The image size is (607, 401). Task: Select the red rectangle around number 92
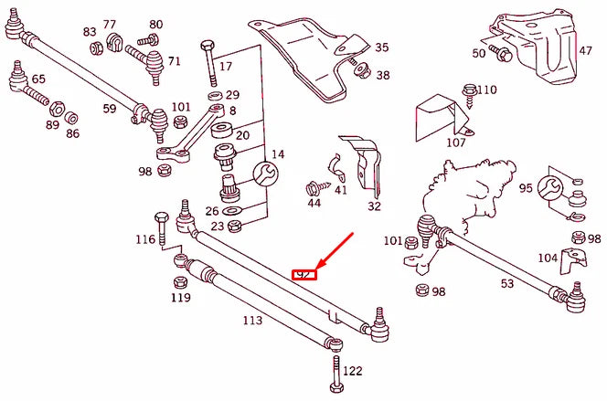(x=303, y=273)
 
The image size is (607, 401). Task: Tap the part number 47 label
(x=585, y=52)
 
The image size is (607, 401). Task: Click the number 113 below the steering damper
(x=252, y=321)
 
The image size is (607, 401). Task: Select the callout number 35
(x=381, y=47)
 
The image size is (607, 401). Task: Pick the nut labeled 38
(x=358, y=69)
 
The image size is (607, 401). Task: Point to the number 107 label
(x=456, y=142)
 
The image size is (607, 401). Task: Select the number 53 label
(x=507, y=284)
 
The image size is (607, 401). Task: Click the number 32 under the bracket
(x=374, y=206)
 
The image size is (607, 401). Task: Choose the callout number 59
(x=109, y=109)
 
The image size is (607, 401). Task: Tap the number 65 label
(x=38, y=79)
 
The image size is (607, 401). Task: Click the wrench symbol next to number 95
(x=550, y=188)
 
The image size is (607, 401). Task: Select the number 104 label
(x=547, y=258)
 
